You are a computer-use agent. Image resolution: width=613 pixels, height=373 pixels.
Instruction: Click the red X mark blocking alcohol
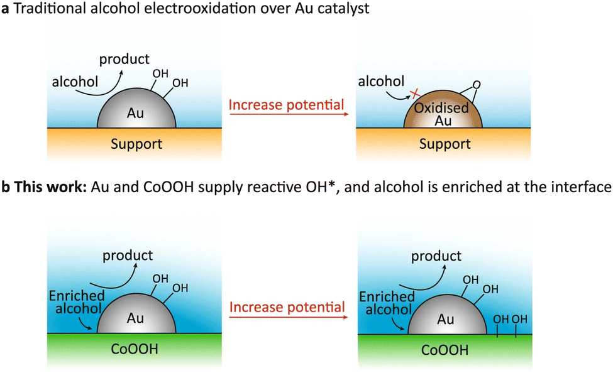[415, 94]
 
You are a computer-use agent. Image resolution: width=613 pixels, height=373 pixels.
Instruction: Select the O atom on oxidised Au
[477, 85]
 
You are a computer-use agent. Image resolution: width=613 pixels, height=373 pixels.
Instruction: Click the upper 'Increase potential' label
[286, 105]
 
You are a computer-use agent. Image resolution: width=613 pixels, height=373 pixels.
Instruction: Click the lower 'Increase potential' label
[287, 307]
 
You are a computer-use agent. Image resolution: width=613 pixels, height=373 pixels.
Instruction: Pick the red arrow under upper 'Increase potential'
[289, 114]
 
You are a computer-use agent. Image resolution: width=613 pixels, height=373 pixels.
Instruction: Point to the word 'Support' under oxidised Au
[445, 144]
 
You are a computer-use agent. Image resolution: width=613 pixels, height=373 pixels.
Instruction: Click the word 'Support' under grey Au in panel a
[136, 144]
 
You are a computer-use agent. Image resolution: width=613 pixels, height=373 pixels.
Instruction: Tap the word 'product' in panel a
[124, 60]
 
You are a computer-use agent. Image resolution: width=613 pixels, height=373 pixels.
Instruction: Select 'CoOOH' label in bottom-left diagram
[135, 349]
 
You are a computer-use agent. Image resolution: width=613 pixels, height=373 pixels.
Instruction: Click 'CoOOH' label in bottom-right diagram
[445, 350]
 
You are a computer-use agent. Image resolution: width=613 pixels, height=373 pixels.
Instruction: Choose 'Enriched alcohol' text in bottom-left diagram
[77, 302]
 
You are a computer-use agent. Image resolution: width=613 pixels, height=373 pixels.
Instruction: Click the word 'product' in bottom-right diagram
[436, 256]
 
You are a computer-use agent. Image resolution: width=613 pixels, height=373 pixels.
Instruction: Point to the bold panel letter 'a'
[5, 9]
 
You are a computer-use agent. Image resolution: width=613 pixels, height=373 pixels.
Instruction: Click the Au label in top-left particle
[135, 113]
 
